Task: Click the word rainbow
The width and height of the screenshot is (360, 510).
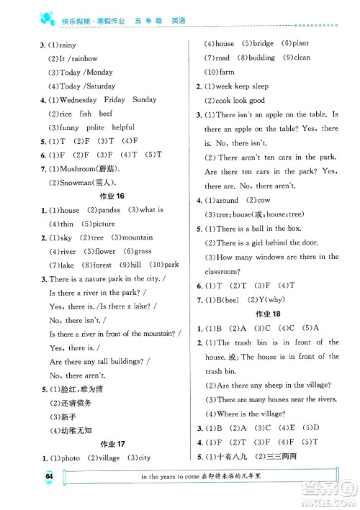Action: pos(85,58)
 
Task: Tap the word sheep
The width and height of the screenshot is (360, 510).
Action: pos(274,386)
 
